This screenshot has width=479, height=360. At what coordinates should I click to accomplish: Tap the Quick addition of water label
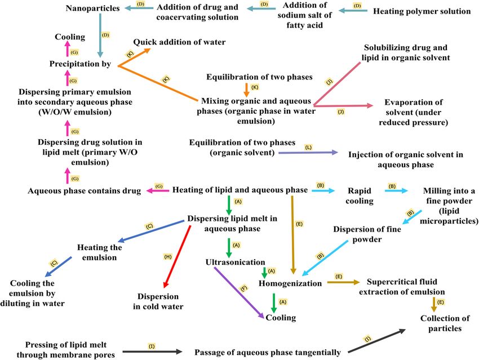[179, 42]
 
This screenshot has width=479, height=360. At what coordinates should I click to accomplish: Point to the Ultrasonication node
[236, 262]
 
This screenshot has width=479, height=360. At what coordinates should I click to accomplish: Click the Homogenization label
[290, 283]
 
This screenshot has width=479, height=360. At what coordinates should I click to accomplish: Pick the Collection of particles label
[444, 323]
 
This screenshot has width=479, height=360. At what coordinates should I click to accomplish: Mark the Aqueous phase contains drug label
[84, 191]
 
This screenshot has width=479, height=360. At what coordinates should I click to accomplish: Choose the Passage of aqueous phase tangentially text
[267, 353]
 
